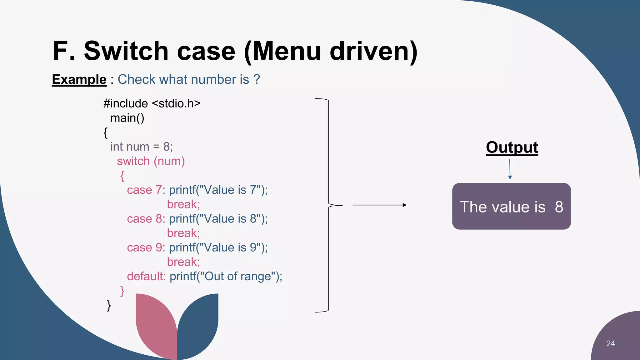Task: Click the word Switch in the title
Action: coord(126,51)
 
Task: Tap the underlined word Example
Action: coord(79,79)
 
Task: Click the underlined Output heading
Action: coord(512,147)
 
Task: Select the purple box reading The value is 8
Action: coord(511,207)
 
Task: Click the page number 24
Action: coord(610,343)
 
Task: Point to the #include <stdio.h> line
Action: coord(152,103)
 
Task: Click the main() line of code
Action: coord(127,118)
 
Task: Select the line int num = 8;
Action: coord(141,147)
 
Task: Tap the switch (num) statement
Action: coord(151,161)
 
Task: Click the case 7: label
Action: coord(146,190)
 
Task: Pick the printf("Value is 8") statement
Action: coord(218,219)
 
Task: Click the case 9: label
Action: coord(146,247)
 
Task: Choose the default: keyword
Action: coord(146,276)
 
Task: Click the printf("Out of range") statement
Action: coord(226,276)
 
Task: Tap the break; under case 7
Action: coord(183,204)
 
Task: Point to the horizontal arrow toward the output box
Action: coord(379,205)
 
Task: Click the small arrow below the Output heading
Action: coord(510,169)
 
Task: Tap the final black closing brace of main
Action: coord(109,305)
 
